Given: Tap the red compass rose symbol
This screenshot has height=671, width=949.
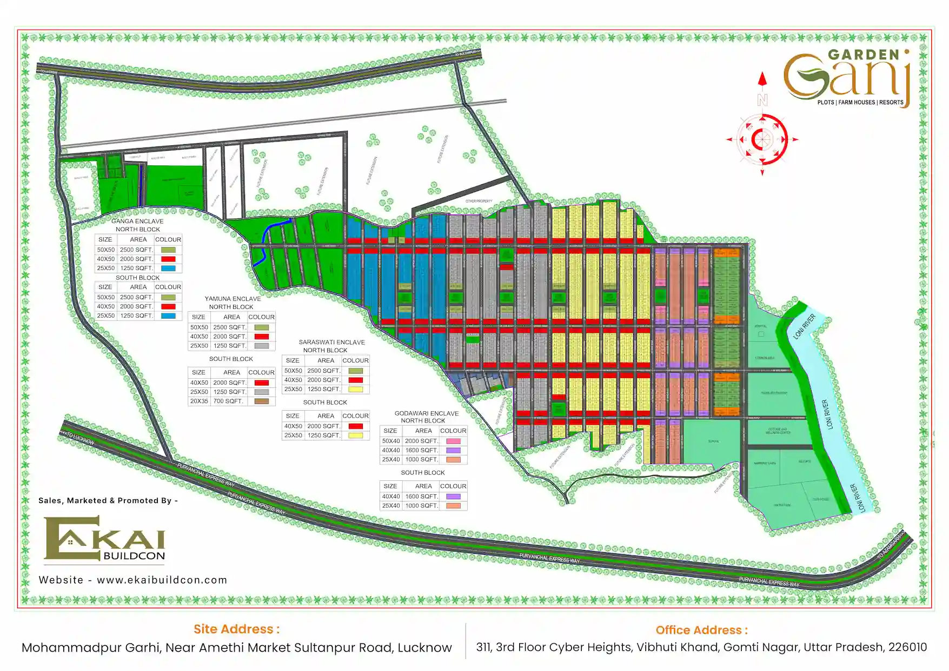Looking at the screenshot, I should point(762,139).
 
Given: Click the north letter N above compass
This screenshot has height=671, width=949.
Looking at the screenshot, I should point(762,100).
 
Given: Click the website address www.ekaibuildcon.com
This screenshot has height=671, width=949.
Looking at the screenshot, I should point(162,580).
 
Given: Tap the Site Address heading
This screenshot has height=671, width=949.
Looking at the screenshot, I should point(236,629).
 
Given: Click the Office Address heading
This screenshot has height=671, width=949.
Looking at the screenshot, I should point(701,630).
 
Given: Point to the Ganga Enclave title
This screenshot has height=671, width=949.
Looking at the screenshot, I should point(137,221).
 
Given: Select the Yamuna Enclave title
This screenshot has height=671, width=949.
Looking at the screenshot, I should point(233,298).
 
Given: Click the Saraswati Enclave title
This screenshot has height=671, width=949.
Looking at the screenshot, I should point(331,342).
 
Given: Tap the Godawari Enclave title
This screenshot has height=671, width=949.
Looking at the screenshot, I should point(426,413).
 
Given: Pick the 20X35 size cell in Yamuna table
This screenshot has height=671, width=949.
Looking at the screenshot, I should point(199,401).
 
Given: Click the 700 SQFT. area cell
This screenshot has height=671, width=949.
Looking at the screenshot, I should point(228,401).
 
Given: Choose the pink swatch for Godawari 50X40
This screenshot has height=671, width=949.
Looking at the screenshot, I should point(453,441).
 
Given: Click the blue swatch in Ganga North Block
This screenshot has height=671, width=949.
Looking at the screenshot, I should point(168,268).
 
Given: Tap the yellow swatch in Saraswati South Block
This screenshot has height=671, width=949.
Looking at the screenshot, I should point(355,435).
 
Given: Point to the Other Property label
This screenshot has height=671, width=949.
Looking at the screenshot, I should point(479,201).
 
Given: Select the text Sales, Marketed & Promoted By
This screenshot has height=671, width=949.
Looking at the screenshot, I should point(108,500).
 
